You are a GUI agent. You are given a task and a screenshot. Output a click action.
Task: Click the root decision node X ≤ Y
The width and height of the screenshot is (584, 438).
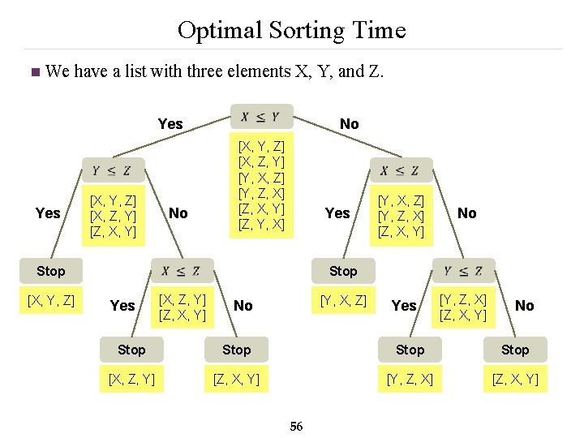pyautogui.click(x=260, y=117)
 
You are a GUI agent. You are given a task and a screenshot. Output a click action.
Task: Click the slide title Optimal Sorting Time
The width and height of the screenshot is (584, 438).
pyautogui.click(x=291, y=31)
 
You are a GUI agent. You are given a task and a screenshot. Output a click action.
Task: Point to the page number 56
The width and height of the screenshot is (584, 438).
pyautogui.click(x=296, y=427)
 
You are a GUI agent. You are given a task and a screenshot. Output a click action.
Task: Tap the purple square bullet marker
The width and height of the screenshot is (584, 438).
pyautogui.click(x=33, y=72)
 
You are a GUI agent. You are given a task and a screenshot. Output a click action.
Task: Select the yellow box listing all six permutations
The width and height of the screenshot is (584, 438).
pyautogui.click(x=261, y=185)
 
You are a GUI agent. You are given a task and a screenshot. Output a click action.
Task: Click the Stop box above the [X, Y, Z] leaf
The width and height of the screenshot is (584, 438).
pyautogui.click(x=50, y=271)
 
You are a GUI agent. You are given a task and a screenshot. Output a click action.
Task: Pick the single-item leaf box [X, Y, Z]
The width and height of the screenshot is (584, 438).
pyautogui.click(x=51, y=302)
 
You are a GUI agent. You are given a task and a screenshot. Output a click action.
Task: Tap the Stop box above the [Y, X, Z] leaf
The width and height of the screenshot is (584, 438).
pyautogui.click(x=343, y=271)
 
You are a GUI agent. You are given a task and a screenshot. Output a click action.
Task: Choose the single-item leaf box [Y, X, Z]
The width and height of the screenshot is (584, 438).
pyautogui.click(x=343, y=302)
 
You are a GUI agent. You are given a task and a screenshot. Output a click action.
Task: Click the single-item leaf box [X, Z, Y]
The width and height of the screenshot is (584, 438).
pyautogui.click(x=131, y=379)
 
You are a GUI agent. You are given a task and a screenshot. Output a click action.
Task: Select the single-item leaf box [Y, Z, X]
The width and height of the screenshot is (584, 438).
pyautogui.click(x=410, y=379)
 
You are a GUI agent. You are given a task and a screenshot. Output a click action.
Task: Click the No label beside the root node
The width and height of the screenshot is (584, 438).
pyautogui.click(x=349, y=124)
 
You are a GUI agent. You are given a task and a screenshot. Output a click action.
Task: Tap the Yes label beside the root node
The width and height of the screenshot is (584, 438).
pyautogui.click(x=170, y=124)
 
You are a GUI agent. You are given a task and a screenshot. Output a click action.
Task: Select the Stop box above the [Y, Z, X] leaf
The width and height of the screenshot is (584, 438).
pyautogui.click(x=410, y=350)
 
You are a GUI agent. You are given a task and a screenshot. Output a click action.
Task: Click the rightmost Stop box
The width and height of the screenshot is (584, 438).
pyautogui.click(x=514, y=350)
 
